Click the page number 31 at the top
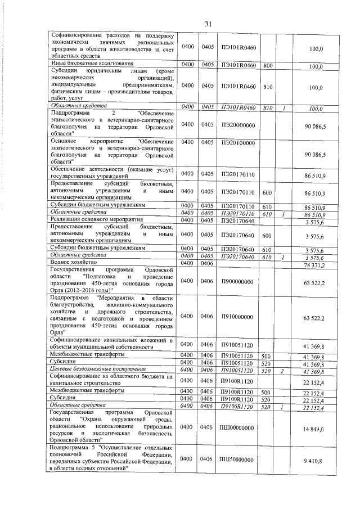point(208,24)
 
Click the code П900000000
point(238,281)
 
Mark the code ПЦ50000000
point(238,458)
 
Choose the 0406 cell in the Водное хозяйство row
point(208,263)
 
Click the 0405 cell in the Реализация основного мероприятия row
point(208,221)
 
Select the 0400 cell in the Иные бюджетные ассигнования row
point(188,65)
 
